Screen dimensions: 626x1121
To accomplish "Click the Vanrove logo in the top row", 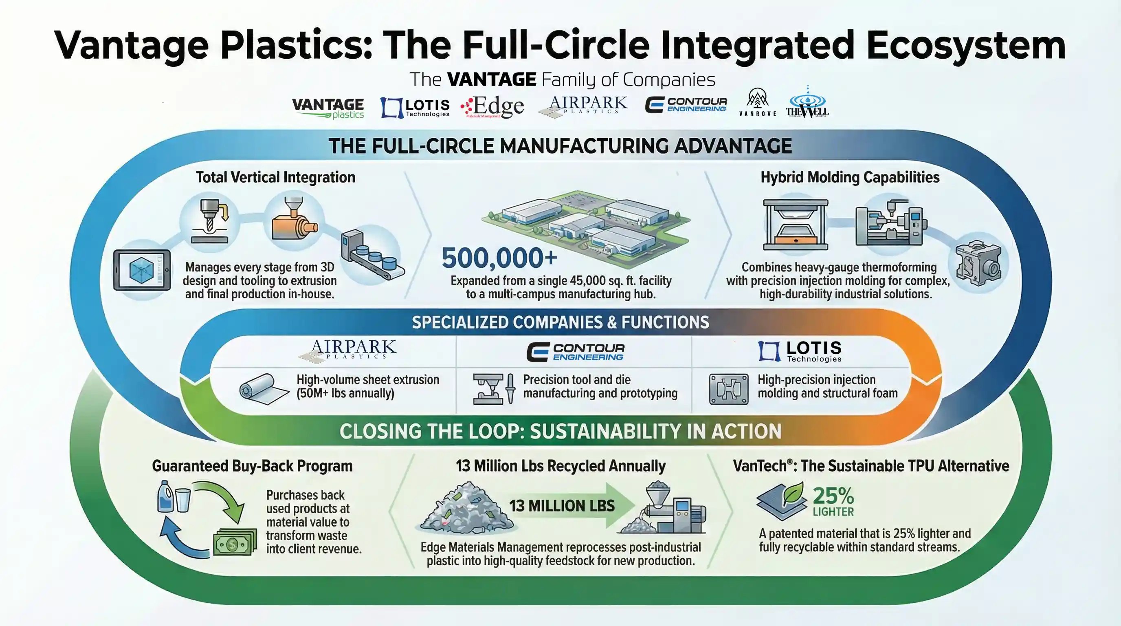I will [x=758, y=103].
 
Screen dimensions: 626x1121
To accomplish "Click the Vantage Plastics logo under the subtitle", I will [x=328, y=108].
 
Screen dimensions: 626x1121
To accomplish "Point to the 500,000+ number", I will [x=499, y=258].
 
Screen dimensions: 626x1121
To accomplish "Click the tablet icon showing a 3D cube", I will [x=142, y=270].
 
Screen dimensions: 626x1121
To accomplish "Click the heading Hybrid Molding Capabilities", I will [x=849, y=177].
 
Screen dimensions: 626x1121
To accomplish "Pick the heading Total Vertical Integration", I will [x=275, y=177].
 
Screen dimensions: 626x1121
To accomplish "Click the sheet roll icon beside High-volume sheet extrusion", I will [x=263, y=388].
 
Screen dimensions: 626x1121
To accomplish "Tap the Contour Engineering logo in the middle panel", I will [x=575, y=352].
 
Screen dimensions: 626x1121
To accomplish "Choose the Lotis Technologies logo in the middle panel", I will [x=800, y=352].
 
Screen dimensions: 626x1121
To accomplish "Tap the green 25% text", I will [x=833, y=496].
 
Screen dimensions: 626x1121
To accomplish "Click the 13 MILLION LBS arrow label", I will [x=562, y=506].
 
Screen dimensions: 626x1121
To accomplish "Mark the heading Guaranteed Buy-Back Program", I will [x=252, y=466].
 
